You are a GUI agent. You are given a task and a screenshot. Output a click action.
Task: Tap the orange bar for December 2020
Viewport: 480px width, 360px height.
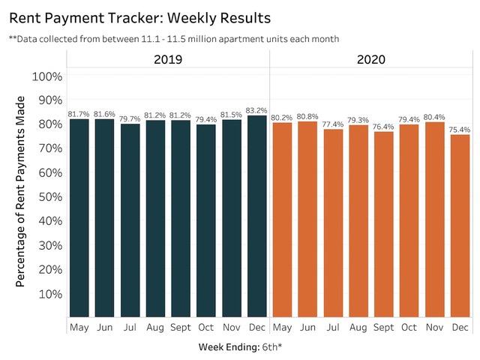[460, 225]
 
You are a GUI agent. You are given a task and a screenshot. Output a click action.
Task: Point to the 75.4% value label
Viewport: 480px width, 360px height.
[460, 129]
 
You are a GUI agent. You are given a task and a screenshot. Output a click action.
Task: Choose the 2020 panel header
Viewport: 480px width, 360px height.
[370, 59]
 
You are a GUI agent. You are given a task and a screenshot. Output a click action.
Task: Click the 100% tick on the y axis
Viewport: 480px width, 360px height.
[46, 76]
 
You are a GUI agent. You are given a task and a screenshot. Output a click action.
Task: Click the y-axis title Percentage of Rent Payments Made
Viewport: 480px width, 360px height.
[22, 191]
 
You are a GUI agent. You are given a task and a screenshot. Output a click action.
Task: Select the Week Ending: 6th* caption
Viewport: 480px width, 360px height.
[240, 347]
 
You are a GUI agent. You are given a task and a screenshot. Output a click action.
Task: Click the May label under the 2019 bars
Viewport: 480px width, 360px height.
[79, 328]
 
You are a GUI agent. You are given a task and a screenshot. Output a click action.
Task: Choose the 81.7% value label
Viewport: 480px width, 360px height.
[79, 113]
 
